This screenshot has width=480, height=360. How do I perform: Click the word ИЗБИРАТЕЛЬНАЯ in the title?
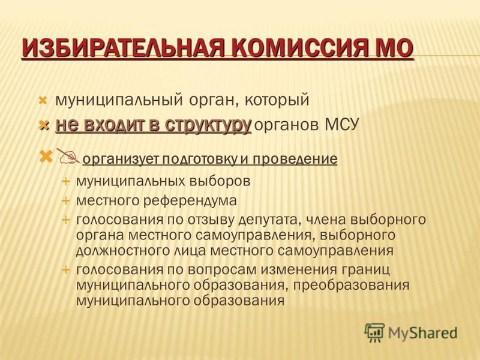[x=124, y=49]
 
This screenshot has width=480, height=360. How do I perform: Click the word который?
[x=277, y=100]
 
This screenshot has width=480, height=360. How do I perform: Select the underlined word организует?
[x=121, y=159]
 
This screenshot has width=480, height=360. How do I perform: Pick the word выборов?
[x=220, y=181]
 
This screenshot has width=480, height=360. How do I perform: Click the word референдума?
[x=190, y=200]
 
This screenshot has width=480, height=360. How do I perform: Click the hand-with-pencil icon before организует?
[x=68, y=157]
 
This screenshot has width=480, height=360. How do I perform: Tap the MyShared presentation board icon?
[x=374, y=332]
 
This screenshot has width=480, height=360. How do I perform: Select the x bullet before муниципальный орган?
[x=43, y=100]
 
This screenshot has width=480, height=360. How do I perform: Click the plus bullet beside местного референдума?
[x=66, y=201]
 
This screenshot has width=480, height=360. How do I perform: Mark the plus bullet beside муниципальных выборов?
[x=66, y=181]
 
